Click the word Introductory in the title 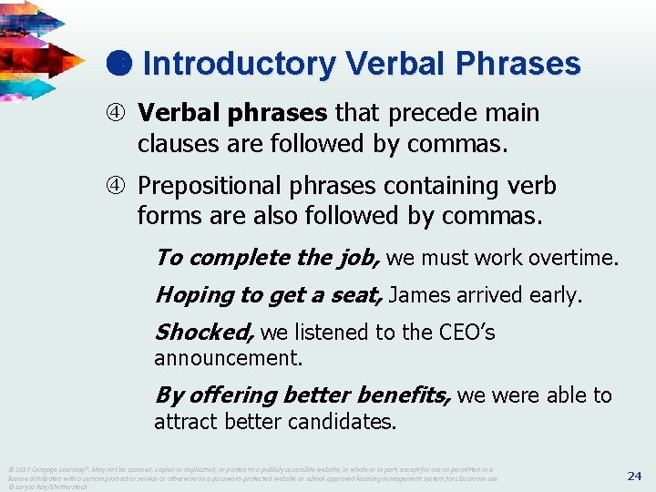coord(239,64)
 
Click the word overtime coord(574,258)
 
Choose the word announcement coord(228,358)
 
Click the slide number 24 coord(635,476)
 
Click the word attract coord(186,422)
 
